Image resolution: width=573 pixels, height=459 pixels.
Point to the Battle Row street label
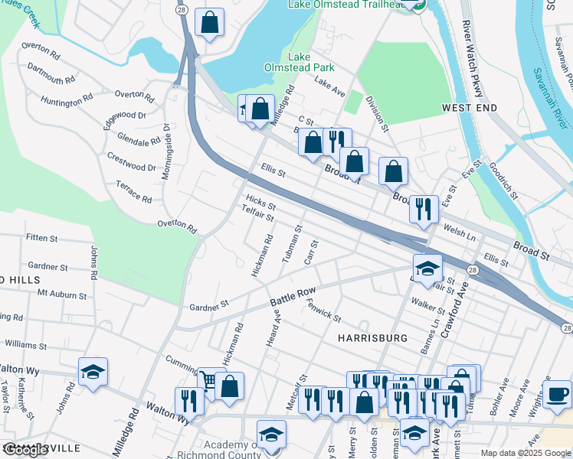point(293,299)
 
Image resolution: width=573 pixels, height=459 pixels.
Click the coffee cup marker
point(557,394)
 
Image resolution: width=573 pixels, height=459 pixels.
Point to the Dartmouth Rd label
point(51,73)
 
